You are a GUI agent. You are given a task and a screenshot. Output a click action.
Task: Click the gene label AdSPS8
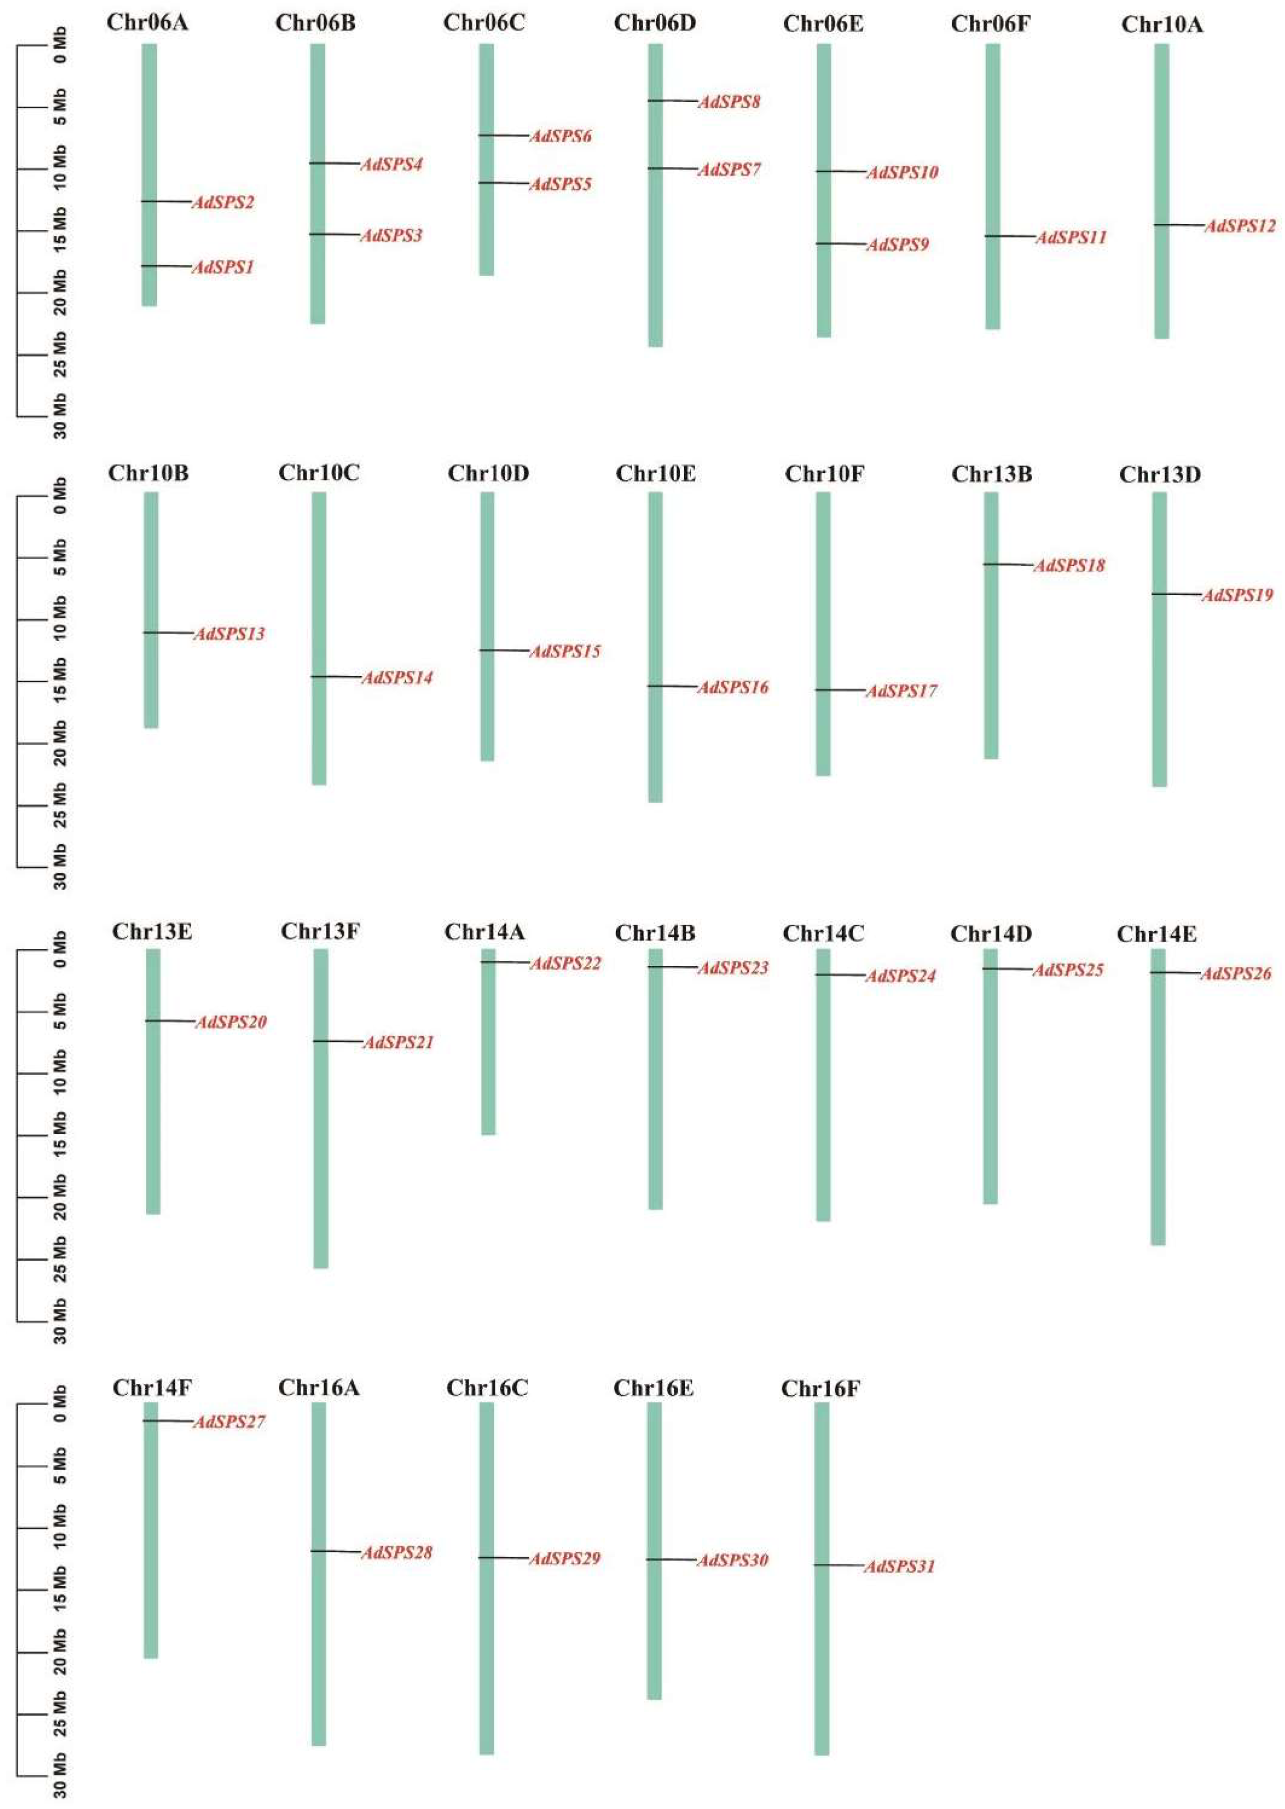[x=729, y=102]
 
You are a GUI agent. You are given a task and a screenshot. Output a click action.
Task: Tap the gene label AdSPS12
[x=1239, y=226]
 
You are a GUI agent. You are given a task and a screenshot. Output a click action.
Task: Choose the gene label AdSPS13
[x=229, y=634]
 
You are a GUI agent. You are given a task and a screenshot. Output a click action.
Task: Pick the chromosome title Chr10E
[x=655, y=474]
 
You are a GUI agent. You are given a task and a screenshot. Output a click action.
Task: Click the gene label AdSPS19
[x=1237, y=595]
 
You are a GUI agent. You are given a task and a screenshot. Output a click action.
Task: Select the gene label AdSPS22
[x=565, y=963]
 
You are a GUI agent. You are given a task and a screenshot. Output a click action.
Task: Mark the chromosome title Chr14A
[x=484, y=932]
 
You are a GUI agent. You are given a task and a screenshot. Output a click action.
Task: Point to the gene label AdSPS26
[x=1235, y=973]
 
